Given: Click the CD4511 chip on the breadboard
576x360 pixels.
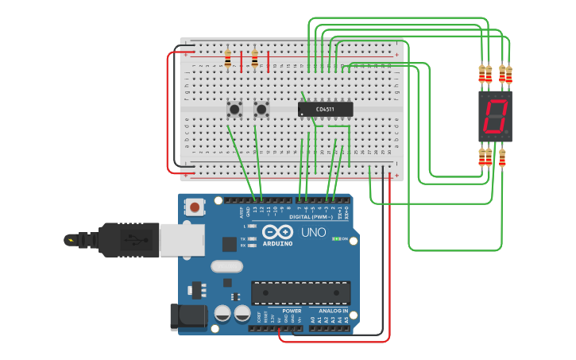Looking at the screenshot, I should (x=325, y=109).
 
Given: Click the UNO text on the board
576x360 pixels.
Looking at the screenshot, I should (x=313, y=233).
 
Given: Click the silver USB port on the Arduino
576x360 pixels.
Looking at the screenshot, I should (x=180, y=238).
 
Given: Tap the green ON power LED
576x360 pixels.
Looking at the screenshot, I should (x=337, y=238).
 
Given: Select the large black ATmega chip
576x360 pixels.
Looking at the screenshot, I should (x=300, y=292).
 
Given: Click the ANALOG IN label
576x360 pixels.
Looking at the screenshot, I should (x=328, y=311).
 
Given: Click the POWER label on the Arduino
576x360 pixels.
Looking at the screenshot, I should (x=280, y=311).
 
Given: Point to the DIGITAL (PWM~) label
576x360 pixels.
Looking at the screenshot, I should (x=311, y=216).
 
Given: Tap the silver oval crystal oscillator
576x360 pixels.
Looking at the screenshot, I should (x=227, y=266).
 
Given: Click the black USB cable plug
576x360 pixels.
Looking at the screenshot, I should (x=119, y=239).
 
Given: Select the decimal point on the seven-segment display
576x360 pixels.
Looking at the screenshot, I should (x=508, y=133).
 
